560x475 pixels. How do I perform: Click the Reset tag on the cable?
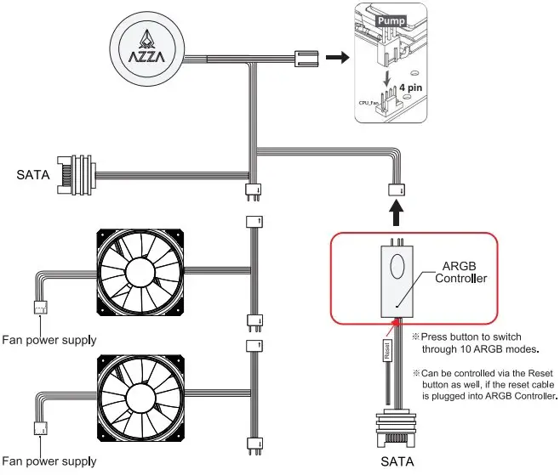click(386, 352)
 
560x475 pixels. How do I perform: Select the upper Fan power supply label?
click(48, 340)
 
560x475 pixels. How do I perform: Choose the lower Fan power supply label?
click(48, 461)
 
